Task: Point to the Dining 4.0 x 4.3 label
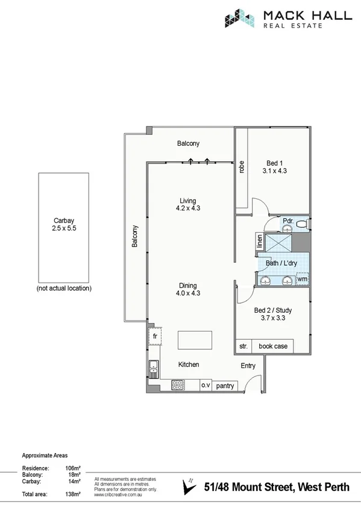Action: pyautogui.click(x=187, y=289)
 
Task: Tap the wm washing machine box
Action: pyautogui.click(x=302, y=279)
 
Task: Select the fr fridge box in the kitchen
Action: pyautogui.click(x=154, y=336)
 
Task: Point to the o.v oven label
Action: pyautogui.click(x=204, y=385)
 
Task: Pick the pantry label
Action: pyautogui.click(x=225, y=385)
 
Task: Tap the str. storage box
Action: pyautogui.click(x=243, y=346)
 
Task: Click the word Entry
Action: pyautogui.click(x=248, y=366)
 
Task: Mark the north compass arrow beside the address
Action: pyautogui.click(x=191, y=485)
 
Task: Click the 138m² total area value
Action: pyautogui.click(x=72, y=494)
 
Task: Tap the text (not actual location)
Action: pyautogui.click(x=63, y=289)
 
